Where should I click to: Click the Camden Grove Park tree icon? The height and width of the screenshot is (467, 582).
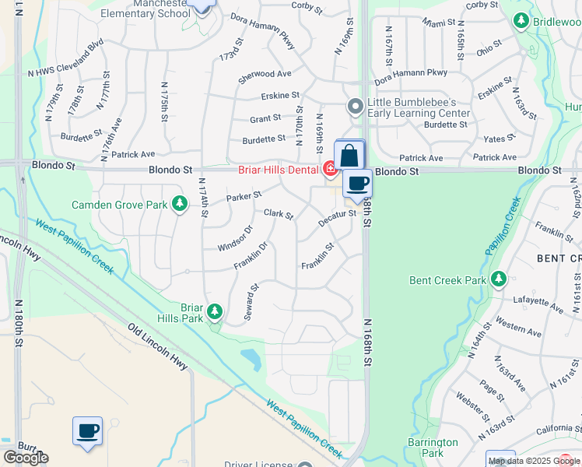[x=180, y=204]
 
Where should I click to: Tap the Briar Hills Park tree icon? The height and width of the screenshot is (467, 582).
[x=214, y=313]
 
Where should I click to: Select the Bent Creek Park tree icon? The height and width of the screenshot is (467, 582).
[x=497, y=279]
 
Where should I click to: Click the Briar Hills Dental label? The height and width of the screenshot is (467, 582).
[x=279, y=169]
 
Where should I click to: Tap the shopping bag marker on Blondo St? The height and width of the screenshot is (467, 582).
[x=349, y=155]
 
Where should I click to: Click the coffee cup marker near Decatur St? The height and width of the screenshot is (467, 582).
[x=357, y=184]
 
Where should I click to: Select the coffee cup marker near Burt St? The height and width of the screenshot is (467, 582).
[x=87, y=431]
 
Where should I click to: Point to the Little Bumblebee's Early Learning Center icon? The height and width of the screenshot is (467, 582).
[x=355, y=105]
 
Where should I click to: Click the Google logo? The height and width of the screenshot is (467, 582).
[x=26, y=458]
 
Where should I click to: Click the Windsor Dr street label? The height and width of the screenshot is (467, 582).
[x=236, y=238]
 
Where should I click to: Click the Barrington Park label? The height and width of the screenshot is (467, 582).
[x=433, y=447]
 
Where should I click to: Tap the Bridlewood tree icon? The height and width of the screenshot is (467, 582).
[x=522, y=21]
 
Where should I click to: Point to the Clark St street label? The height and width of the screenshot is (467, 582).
[x=278, y=213]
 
